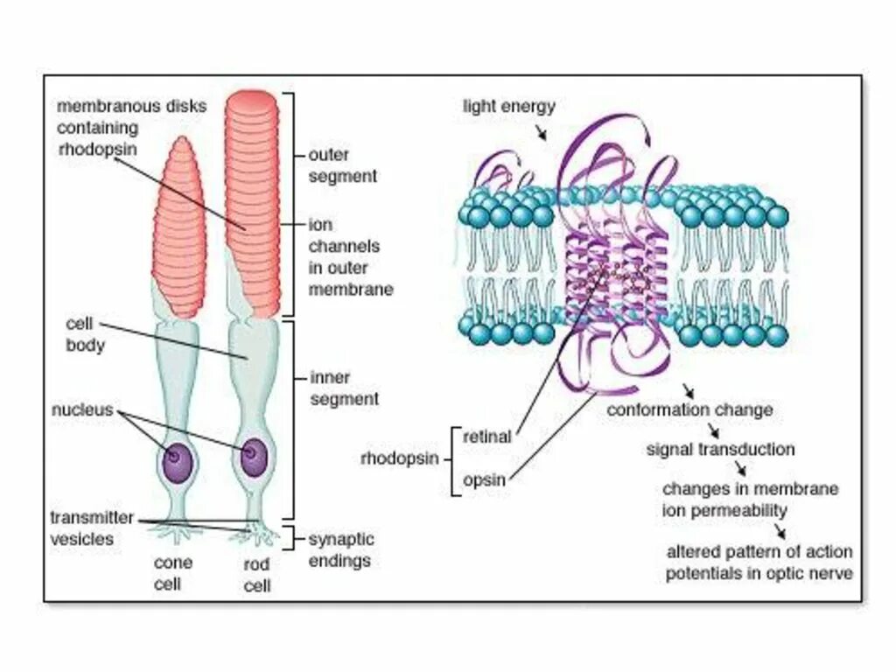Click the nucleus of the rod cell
click(253, 457)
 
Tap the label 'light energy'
click(508, 107)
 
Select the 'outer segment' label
click(342, 165)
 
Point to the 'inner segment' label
click(344, 388)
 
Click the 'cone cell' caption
click(172, 572)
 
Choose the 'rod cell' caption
click(255, 575)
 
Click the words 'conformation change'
click(689, 409)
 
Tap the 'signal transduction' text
click(720, 450)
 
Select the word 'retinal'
click(486, 437)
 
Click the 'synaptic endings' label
click(340, 549)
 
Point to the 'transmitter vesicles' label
click(91, 528)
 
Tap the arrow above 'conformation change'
click(689, 390)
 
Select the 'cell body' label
click(85, 334)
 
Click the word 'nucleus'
click(81, 409)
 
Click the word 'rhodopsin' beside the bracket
click(399, 458)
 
